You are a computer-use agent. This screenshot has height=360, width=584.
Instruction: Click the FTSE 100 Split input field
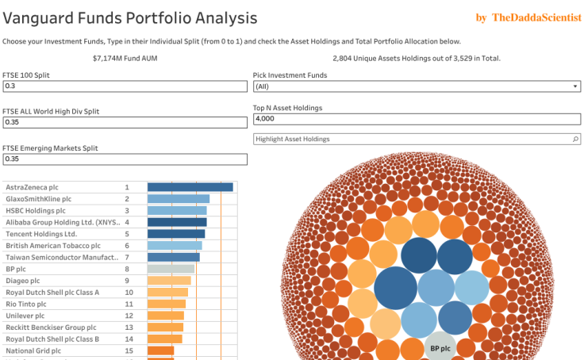click(125, 86)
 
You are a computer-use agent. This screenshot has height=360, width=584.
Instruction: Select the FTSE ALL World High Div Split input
click(125, 122)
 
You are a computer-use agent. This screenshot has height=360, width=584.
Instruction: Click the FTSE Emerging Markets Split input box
click(125, 159)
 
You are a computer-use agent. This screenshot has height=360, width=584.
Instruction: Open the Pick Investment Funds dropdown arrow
click(576, 86)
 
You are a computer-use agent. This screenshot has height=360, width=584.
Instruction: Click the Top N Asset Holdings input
click(417, 119)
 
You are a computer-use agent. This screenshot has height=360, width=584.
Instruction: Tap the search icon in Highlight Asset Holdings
click(576, 139)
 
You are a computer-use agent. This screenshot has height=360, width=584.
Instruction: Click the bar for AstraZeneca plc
click(190, 187)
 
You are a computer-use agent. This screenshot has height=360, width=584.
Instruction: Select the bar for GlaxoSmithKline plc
click(179, 199)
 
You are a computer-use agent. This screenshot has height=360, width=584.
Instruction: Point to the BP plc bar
click(171, 269)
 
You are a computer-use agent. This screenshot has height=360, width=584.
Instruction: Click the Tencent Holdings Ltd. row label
click(41, 234)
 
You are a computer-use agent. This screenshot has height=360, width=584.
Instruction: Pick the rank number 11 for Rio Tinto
click(129, 304)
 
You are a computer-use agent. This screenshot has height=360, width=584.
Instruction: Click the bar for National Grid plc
click(160, 350)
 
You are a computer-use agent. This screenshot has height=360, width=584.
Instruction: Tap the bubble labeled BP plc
click(440, 347)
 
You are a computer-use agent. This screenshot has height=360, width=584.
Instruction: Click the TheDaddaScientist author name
click(536, 17)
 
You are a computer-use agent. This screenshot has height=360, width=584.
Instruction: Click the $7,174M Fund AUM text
click(127, 58)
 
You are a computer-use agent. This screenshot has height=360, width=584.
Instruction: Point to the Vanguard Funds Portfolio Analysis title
click(130, 17)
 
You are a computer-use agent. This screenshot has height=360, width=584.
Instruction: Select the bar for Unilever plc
click(165, 316)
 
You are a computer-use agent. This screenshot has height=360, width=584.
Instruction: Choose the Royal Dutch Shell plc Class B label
click(52, 339)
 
